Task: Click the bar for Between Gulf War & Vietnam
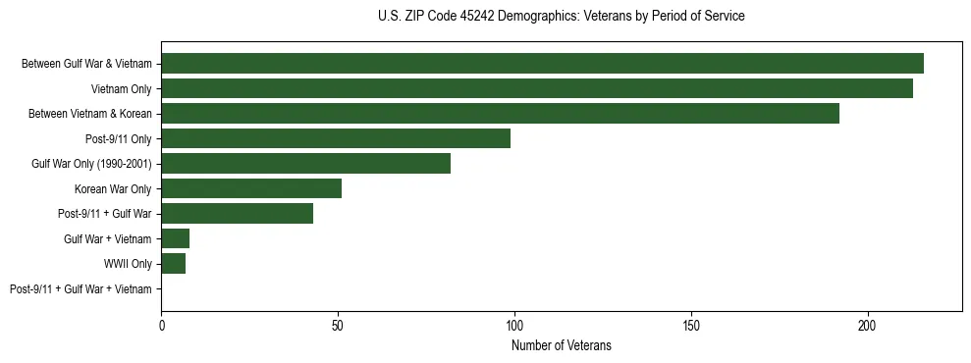542,63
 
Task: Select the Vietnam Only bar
537,88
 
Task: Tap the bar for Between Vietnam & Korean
500,113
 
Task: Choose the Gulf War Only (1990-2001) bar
305,163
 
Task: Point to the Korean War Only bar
251,188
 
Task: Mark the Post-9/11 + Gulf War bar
237,213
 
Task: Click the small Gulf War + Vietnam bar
176,238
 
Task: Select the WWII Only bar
174,264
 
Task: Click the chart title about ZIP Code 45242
561,17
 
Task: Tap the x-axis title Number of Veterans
561,345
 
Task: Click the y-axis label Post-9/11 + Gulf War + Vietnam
81,289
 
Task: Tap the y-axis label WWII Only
128,264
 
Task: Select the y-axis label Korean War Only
113,188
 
